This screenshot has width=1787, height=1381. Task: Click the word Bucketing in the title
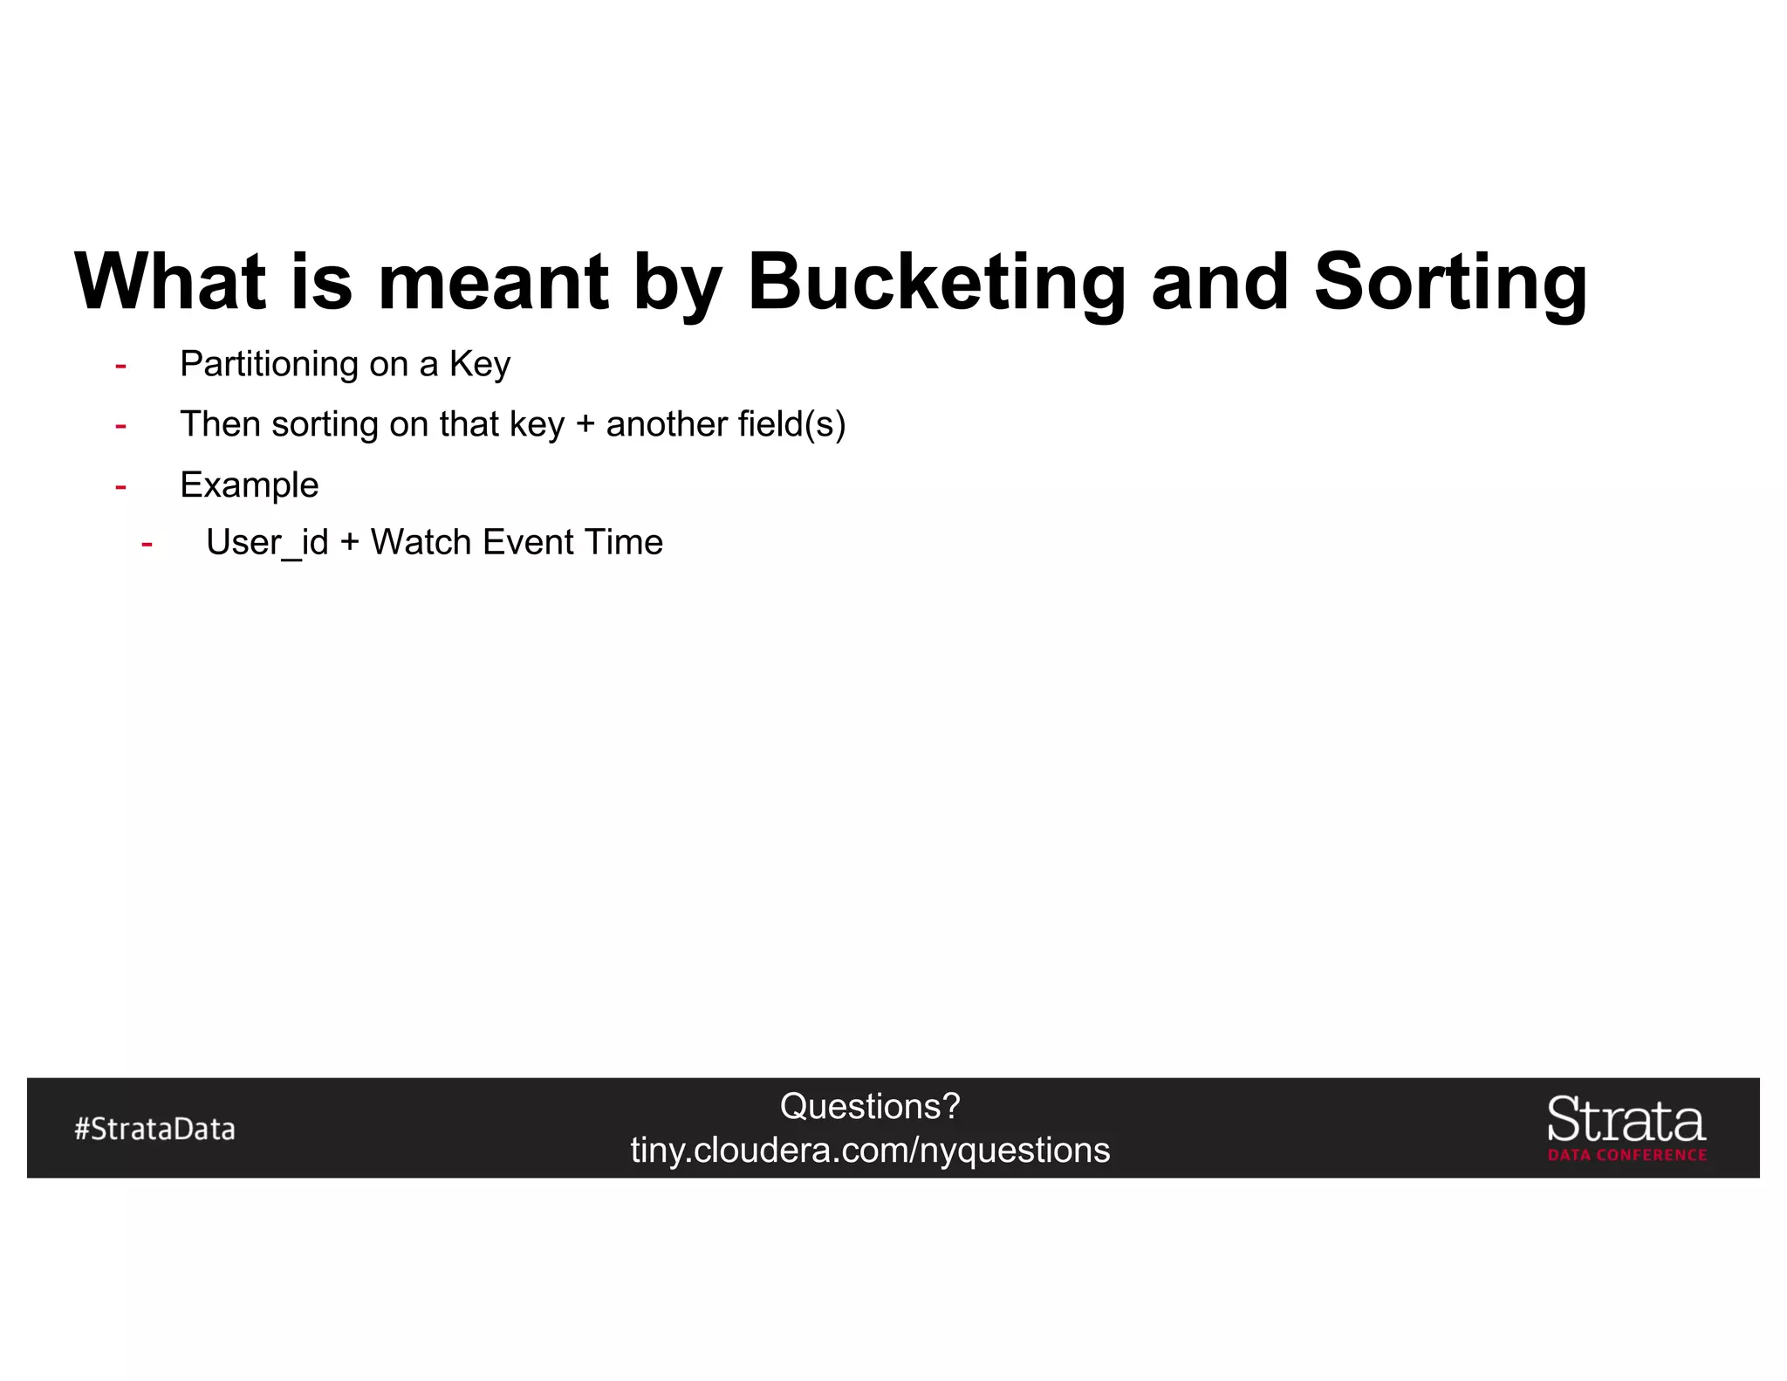[937, 283]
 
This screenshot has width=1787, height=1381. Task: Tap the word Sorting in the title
[1450, 283]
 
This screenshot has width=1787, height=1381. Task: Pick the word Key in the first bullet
[479, 364]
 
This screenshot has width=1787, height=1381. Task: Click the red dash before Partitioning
[120, 366]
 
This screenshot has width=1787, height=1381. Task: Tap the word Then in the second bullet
[220, 424]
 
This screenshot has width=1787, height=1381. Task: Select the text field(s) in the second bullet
[791, 425]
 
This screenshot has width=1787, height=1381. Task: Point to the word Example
[249, 485]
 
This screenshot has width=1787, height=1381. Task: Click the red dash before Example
[120, 487]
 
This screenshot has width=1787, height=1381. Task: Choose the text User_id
[267, 543]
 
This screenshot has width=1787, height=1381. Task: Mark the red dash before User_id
[147, 545]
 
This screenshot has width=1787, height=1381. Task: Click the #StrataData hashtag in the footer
[154, 1129]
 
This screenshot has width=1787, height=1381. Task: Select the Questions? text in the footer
[870, 1107]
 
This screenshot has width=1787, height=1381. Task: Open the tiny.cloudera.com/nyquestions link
[870, 1151]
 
